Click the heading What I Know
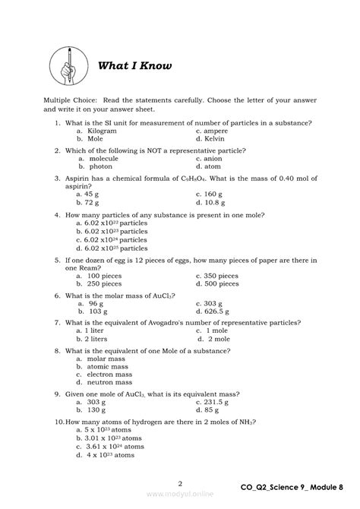[x=134, y=66]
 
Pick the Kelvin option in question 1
[x=212, y=139]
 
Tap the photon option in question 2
[x=96, y=166]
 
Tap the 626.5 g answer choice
[x=215, y=311]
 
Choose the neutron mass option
[x=106, y=383]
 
